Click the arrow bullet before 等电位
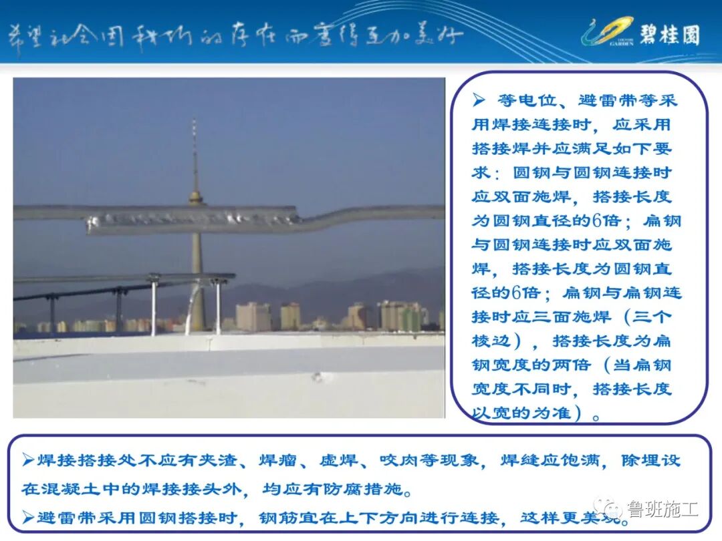tap(479, 101)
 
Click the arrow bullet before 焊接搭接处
tap(27, 461)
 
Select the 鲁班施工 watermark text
tap(662, 510)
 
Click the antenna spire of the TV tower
tap(195, 154)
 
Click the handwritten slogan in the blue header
tap(234, 35)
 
